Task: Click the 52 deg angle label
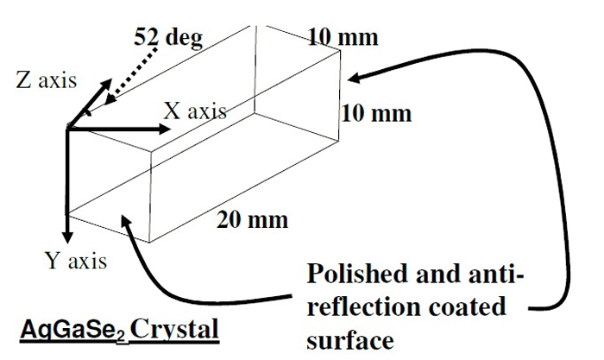[168, 39]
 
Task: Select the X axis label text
[195, 111]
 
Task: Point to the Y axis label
[76, 260]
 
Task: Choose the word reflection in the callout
[362, 307]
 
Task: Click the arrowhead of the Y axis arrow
[66, 237]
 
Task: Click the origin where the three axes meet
[67, 128]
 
